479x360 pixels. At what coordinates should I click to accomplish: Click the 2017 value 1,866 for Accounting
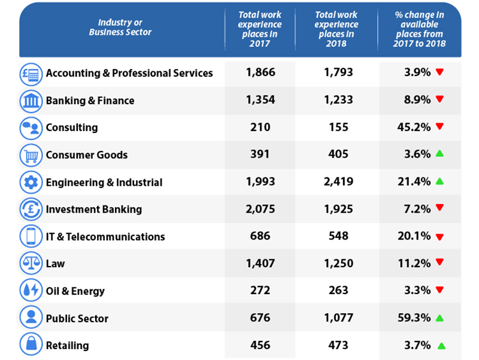pos(260,72)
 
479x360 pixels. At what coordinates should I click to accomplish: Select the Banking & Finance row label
pos(90,101)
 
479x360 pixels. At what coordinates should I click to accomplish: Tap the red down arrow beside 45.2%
pos(439,126)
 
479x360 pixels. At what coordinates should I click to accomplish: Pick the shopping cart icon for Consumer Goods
pos(31,155)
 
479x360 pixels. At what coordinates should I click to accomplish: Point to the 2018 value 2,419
pos(338,181)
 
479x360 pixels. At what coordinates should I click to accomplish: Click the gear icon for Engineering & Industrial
pos(31,183)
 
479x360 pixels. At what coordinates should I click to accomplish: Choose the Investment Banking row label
pos(94,209)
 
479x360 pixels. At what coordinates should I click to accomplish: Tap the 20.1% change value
pos(414,236)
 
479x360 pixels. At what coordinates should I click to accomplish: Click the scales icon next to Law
pos(31,263)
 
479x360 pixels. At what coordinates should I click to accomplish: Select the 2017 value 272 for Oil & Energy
pos(260,290)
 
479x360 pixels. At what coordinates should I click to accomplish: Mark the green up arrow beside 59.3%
pos(439,318)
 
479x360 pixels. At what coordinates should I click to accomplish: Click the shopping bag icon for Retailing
pos(31,344)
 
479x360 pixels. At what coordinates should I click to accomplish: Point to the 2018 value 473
pos(338,345)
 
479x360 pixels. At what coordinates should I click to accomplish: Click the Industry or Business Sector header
pos(120,27)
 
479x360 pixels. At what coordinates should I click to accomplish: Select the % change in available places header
pos(419,29)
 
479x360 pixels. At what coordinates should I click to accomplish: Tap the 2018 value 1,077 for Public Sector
pos(338,318)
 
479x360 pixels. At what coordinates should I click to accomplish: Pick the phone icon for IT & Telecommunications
pos(31,236)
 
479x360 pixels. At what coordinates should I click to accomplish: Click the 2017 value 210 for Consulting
pos(260,127)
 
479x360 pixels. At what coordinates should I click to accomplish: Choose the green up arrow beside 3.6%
pos(439,153)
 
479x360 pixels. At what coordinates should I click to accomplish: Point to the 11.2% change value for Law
pos(414,263)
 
